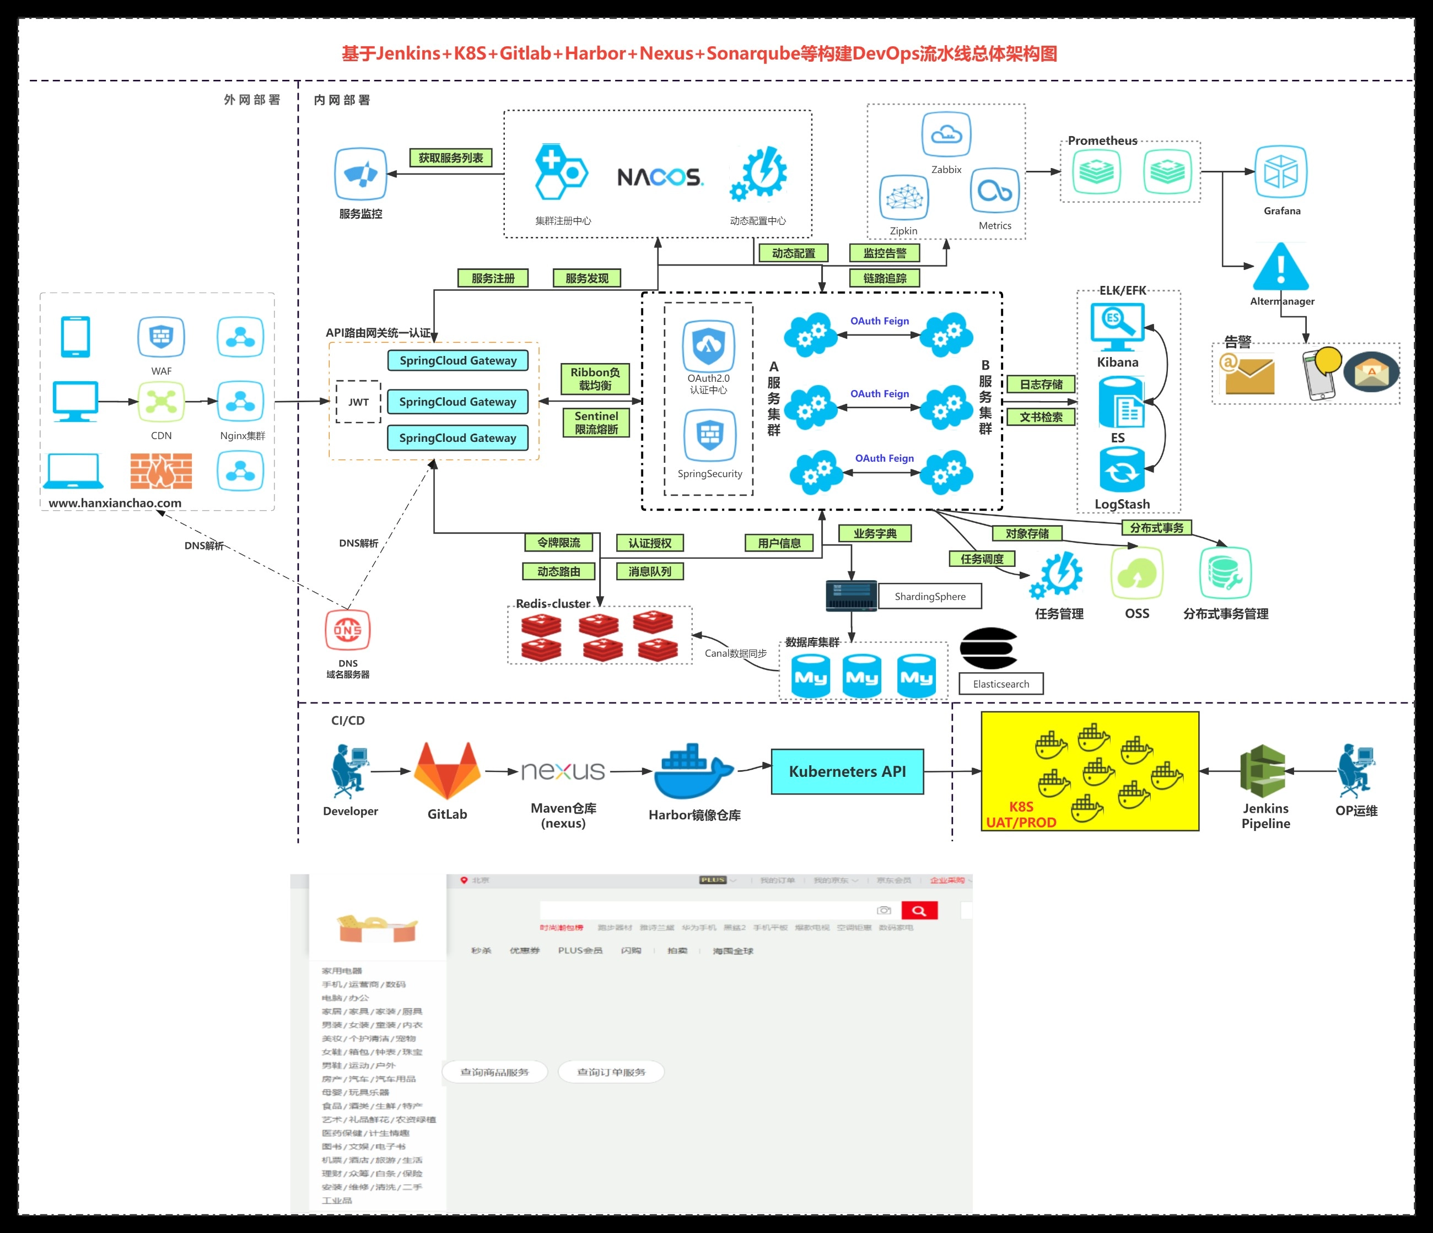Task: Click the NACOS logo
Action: coord(660,177)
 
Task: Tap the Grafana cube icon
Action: coord(1281,171)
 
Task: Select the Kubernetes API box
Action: coord(847,771)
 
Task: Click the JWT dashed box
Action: coord(358,402)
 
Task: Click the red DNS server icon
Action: coord(347,630)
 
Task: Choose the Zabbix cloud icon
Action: coord(946,135)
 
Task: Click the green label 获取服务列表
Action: coord(450,158)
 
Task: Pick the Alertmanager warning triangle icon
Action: coord(1281,267)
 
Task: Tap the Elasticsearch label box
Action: coord(1001,684)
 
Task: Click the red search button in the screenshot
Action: coord(918,910)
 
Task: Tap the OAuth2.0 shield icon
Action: coord(708,345)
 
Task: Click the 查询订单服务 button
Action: coord(611,1072)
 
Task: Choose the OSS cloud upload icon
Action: coord(1136,573)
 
